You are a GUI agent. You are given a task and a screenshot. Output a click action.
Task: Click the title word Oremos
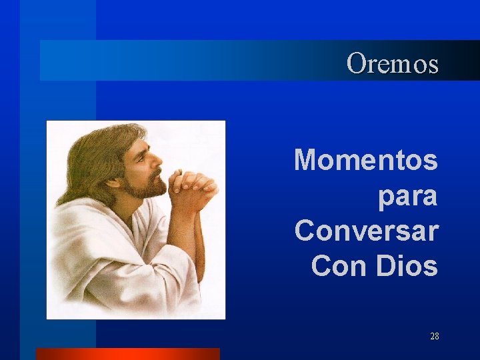click(393, 64)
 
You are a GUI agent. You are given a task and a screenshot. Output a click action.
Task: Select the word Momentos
click(366, 161)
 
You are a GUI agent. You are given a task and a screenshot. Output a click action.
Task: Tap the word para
click(407, 196)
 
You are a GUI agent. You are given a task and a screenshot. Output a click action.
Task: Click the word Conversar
click(366, 231)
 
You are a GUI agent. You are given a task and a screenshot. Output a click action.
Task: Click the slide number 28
click(434, 337)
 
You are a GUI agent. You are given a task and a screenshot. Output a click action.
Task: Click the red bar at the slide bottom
click(127, 354)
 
